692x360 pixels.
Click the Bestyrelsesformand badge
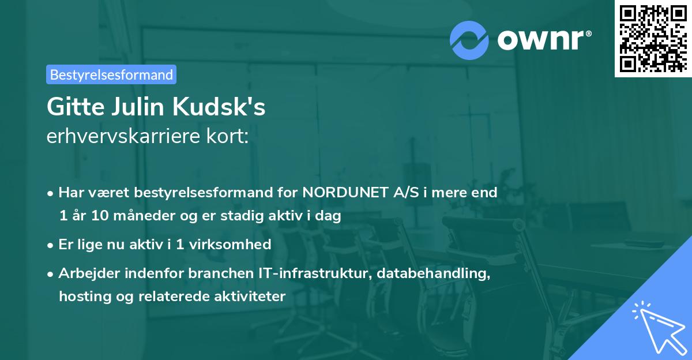111,74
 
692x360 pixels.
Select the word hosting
81,297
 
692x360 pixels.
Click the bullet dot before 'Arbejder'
51,274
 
